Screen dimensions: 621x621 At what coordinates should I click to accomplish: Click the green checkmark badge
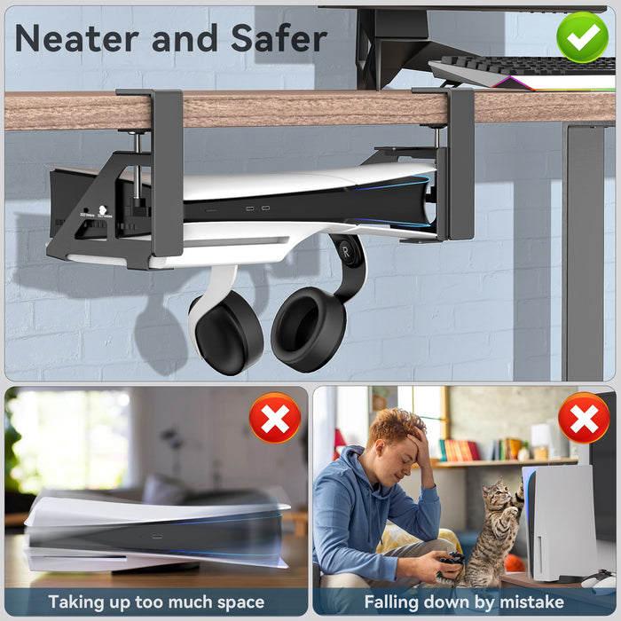pos(582,37)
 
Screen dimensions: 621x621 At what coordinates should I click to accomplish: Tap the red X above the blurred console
pos(275,418)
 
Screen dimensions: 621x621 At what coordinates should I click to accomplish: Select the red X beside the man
pos(584,418)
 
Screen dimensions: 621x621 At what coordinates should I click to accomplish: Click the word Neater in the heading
pos(76,38)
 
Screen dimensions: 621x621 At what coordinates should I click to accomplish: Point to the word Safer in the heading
pos(279,37)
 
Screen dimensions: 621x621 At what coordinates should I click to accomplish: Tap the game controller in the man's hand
pos(452,559)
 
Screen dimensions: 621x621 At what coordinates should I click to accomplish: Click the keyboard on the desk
pos(523,71)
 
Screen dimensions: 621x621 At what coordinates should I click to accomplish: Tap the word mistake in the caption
pos(531,601)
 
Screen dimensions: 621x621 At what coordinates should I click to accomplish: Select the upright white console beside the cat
pos(559,523)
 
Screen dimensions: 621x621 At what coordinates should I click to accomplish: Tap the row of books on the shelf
pos(460,451)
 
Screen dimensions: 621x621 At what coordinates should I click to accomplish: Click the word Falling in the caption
pos(391,602)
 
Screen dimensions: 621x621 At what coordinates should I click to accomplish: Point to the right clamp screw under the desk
pos(436,137)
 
